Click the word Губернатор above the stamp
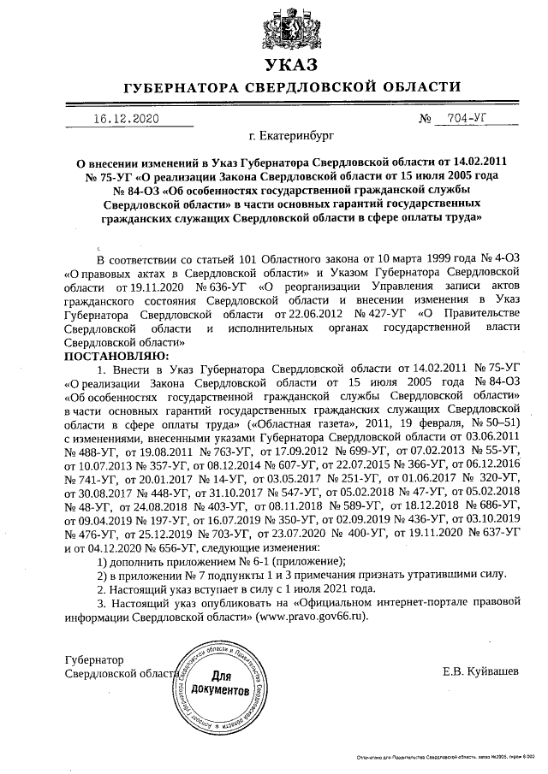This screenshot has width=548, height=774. click(94, 659)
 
